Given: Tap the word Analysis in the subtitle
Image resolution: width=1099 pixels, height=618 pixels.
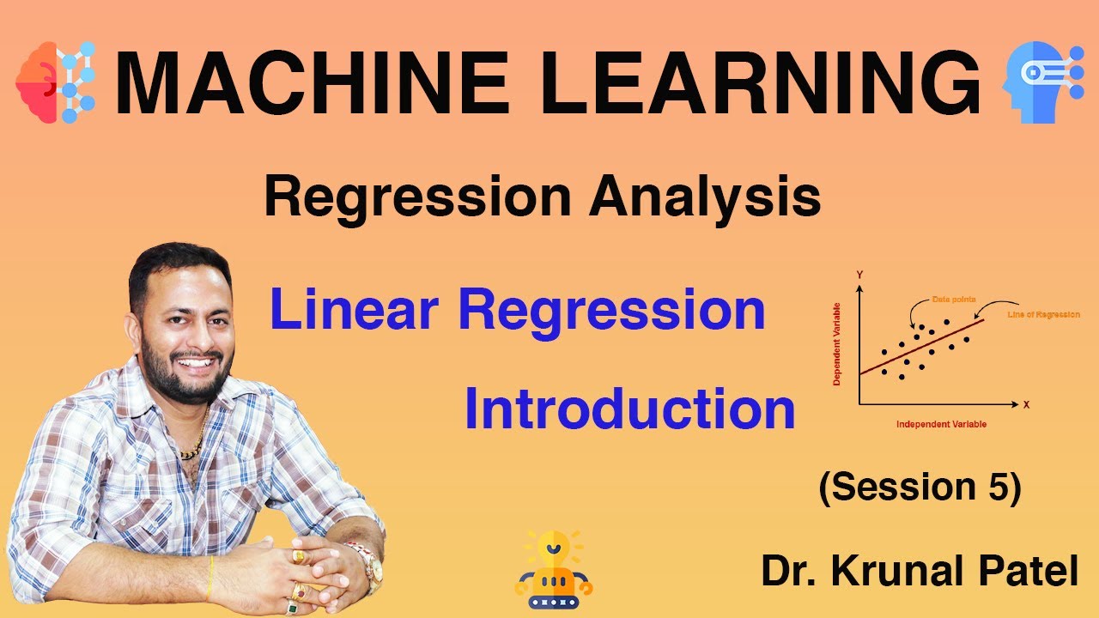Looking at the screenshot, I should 705,197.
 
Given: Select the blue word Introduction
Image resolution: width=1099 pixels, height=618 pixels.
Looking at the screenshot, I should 629,409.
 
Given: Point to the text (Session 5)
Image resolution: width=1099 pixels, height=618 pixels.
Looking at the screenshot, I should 920,488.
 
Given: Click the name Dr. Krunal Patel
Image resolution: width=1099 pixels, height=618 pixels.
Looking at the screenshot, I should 919,571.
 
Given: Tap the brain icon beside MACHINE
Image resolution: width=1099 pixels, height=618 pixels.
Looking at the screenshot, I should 55,82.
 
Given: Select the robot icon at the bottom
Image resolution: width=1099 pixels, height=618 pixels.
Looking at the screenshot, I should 554,570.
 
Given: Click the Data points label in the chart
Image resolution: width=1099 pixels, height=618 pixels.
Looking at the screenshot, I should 954,300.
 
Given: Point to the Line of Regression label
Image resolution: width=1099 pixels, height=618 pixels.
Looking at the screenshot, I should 1043,315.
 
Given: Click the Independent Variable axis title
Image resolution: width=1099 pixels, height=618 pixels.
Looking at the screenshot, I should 941,425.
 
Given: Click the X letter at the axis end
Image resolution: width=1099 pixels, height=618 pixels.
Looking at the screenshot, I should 1026,403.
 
